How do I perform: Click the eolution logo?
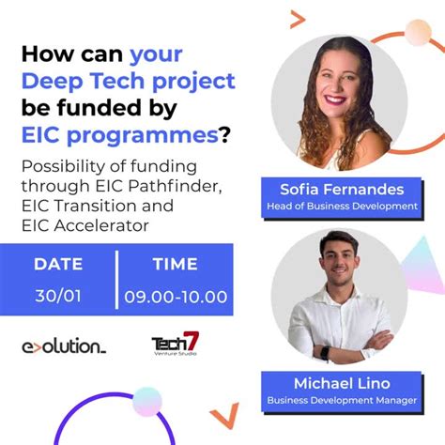(x=64, y=346)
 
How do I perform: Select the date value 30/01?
(x=57, y=296)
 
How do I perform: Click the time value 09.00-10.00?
(x=176, y=297)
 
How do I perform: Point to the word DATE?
(x=58, y=265)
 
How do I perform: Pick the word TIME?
(x=175, y=265)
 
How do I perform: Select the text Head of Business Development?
(x=342, y=206)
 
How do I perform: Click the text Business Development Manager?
(x=342, y=399)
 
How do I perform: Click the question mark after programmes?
(x=224, y=134)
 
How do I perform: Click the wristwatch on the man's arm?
(x=324, y=353)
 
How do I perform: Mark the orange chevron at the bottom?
(x=222, y=417)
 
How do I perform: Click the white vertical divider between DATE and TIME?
(x=117, y=280)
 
